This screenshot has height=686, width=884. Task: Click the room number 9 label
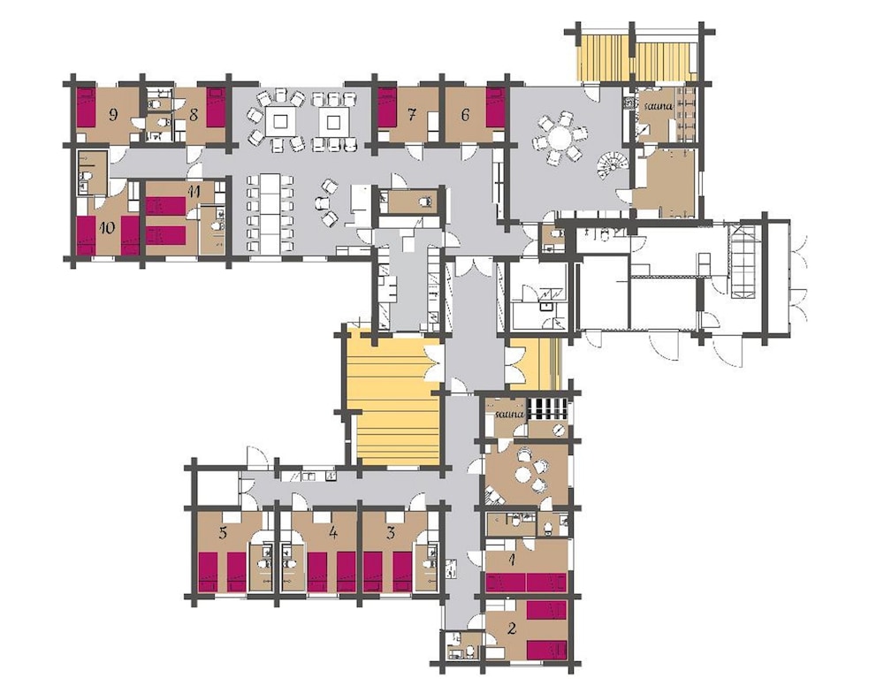click(x=113, y=115)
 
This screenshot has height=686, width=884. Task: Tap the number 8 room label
click(x=194, y=115)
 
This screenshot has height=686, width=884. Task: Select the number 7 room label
click(x=412, y=116)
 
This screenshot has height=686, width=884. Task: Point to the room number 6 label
click(x=465, y=116)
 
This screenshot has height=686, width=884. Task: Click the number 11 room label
click(x=194, y=191)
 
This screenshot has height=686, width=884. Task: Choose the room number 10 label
click(x=107, y=228)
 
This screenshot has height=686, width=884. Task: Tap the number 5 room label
click(x=224, y=533)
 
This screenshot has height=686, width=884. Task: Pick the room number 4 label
click(x=333, y=533)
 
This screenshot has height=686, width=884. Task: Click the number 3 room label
click(x=392, y=533)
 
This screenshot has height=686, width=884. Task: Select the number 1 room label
click(x=512, y=560)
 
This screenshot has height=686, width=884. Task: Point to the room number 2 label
click(x=512, y=628)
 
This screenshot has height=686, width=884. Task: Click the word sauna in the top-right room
click(x=659, y=105)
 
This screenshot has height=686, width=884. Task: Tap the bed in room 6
click(x=495, y=107)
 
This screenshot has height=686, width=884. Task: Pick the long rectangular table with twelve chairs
click(x=270, y=214)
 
